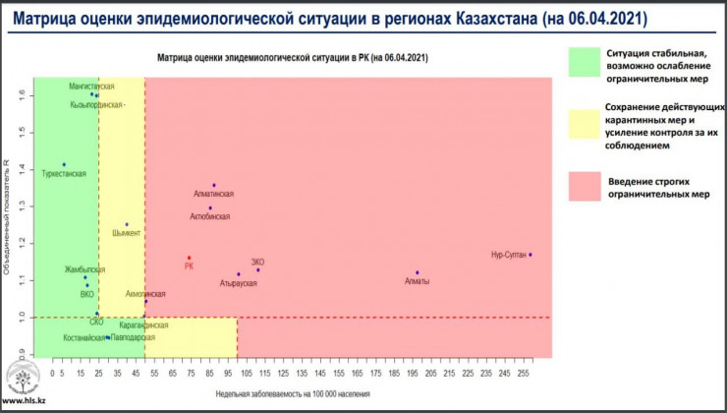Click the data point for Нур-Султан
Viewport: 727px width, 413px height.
(x=531, y=255)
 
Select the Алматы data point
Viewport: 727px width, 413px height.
(x=418, y=272)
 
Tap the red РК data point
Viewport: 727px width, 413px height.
(x=190, y=258)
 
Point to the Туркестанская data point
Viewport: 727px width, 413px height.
(x=64, y=164)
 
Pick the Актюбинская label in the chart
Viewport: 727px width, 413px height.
(x=209, y=215)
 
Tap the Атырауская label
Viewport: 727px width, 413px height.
(x=239, y=283)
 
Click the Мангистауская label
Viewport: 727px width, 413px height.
(x=91, y=87)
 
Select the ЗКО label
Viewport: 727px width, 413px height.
(x=258, y=261)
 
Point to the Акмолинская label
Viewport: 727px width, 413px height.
(x=145, y=294)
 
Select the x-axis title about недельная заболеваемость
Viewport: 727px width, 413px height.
(x=294, y=393)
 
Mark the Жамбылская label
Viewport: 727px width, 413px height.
(x=84, y=268)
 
